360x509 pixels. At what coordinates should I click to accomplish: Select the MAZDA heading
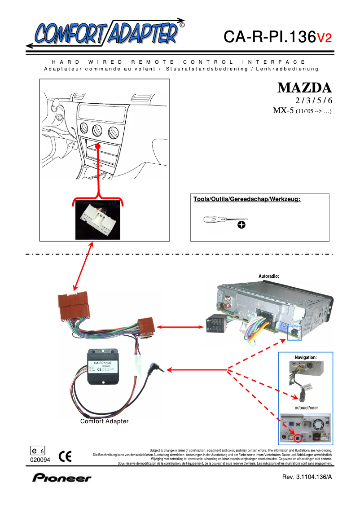click(x=304, y=87)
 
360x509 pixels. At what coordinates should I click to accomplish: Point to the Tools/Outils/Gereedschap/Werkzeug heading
click(x=247, y=199)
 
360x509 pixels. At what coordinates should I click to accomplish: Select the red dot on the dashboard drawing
click(x=98, y=146)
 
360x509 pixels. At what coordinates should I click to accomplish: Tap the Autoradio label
click(x=269, y=276)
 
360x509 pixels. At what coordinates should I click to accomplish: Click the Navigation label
click(x=305, y=357)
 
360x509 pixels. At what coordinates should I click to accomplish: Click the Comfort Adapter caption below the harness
click(x=104, y=421)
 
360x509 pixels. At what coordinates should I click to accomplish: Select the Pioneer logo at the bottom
click(x=61, y=478)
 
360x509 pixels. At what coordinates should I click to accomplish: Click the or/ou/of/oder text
click(x=306, y=408)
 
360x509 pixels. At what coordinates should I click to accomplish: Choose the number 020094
click(x=40, y=460)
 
